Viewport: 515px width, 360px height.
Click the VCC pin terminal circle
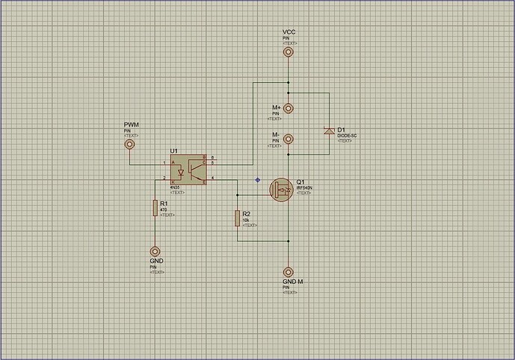289,52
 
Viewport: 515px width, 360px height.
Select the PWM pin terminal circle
129,144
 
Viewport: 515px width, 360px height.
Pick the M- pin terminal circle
289,139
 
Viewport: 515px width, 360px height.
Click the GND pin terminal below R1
155,252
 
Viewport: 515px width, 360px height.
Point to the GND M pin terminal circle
289,273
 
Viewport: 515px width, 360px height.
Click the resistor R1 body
155,207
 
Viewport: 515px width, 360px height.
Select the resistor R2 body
237,217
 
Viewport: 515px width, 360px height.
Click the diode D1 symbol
328,131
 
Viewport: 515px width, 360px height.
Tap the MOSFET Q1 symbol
283,190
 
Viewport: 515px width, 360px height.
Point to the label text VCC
289,32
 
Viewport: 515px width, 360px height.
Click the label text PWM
131,124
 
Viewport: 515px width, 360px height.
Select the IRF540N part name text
303,187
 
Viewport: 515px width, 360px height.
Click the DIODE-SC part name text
348,136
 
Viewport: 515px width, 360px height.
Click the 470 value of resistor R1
164,210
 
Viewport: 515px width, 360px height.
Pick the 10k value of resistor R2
245,220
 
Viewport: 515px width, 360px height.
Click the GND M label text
292,282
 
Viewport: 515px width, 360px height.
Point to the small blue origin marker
258,179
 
